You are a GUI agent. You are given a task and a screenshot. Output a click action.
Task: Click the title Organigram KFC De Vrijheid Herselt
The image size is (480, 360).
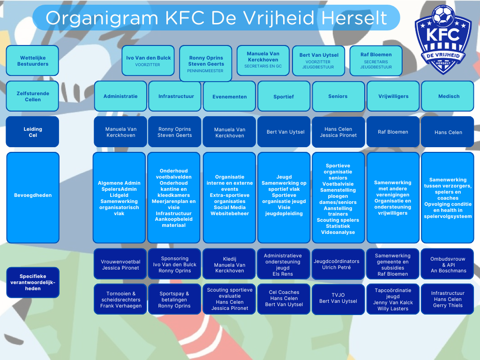(217, 18)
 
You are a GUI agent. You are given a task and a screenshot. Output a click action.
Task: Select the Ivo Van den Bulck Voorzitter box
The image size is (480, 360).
(148, 60)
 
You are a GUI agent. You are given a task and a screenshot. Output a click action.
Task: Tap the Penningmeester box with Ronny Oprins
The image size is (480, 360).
(206, 63)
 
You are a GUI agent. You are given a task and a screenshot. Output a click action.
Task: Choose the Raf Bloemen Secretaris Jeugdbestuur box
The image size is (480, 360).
(376, 60)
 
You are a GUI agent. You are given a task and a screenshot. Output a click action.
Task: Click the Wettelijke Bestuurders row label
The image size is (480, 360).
(32, 60)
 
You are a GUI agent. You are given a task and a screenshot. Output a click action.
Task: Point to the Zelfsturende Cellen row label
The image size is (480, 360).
(32, 96)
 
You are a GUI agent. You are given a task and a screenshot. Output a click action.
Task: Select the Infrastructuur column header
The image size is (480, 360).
(175, 96)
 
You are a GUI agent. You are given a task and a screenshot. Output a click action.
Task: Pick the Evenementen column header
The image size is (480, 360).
(229, 96)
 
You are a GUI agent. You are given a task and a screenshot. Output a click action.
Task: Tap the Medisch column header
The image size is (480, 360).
(448, 96)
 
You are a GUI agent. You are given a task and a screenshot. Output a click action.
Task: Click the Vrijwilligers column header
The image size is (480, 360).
(393, 96)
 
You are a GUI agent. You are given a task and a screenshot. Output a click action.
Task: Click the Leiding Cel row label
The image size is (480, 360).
(32, 132)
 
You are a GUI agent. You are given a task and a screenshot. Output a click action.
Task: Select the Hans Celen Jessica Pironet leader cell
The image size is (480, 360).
(338, 132)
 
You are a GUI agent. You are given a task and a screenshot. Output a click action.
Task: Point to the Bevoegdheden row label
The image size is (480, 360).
(33, 195)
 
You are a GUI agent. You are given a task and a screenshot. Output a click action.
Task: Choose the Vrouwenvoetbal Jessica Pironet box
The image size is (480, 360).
(120, 265)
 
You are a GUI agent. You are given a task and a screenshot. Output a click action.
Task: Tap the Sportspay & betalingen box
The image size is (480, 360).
(174, 300)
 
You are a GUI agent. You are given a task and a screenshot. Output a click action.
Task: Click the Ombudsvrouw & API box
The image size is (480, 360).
(448, 265)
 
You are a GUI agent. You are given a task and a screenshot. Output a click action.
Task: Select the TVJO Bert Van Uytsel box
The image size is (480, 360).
(338, 299)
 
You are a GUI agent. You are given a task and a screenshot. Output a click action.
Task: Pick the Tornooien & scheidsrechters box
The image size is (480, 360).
(120, 300)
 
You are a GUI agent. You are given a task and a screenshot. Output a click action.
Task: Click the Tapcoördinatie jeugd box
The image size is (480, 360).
(393, 300)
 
